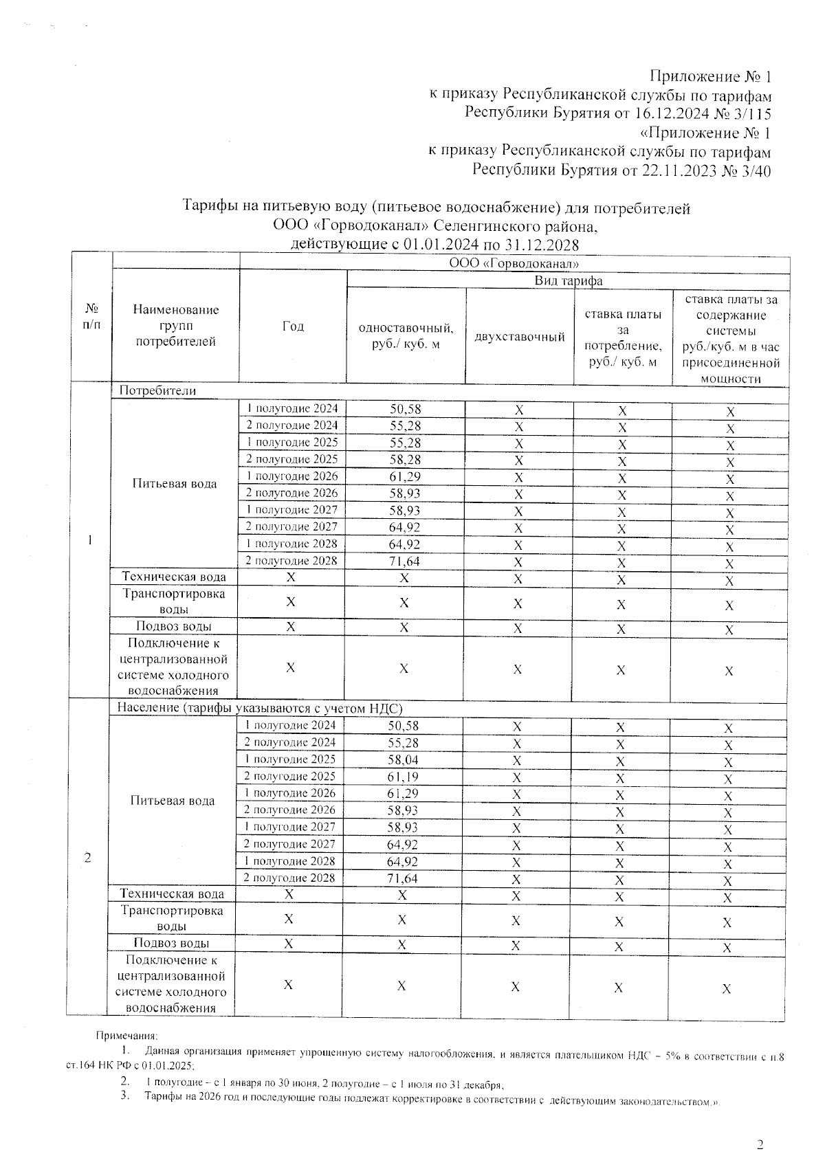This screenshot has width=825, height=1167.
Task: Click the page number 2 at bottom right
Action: (760, 1144)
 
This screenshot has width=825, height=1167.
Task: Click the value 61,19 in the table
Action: (403, 777)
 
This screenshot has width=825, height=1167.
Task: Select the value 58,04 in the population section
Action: (403, 759)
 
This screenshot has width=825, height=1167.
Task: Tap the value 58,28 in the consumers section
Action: (405, 459)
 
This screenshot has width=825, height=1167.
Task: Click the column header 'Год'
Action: (293, 326)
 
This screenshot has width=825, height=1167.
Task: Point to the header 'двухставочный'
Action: (520, 337)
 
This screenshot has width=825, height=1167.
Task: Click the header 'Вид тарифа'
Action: (568, 280)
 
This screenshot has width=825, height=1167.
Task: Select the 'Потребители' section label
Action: (157, 390)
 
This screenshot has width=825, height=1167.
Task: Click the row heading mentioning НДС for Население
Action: (259, 708)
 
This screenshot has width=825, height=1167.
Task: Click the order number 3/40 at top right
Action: (754, 170)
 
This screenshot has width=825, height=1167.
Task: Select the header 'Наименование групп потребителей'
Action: (176, 326)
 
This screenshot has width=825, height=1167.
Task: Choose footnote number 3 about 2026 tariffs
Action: (125, 1096)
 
